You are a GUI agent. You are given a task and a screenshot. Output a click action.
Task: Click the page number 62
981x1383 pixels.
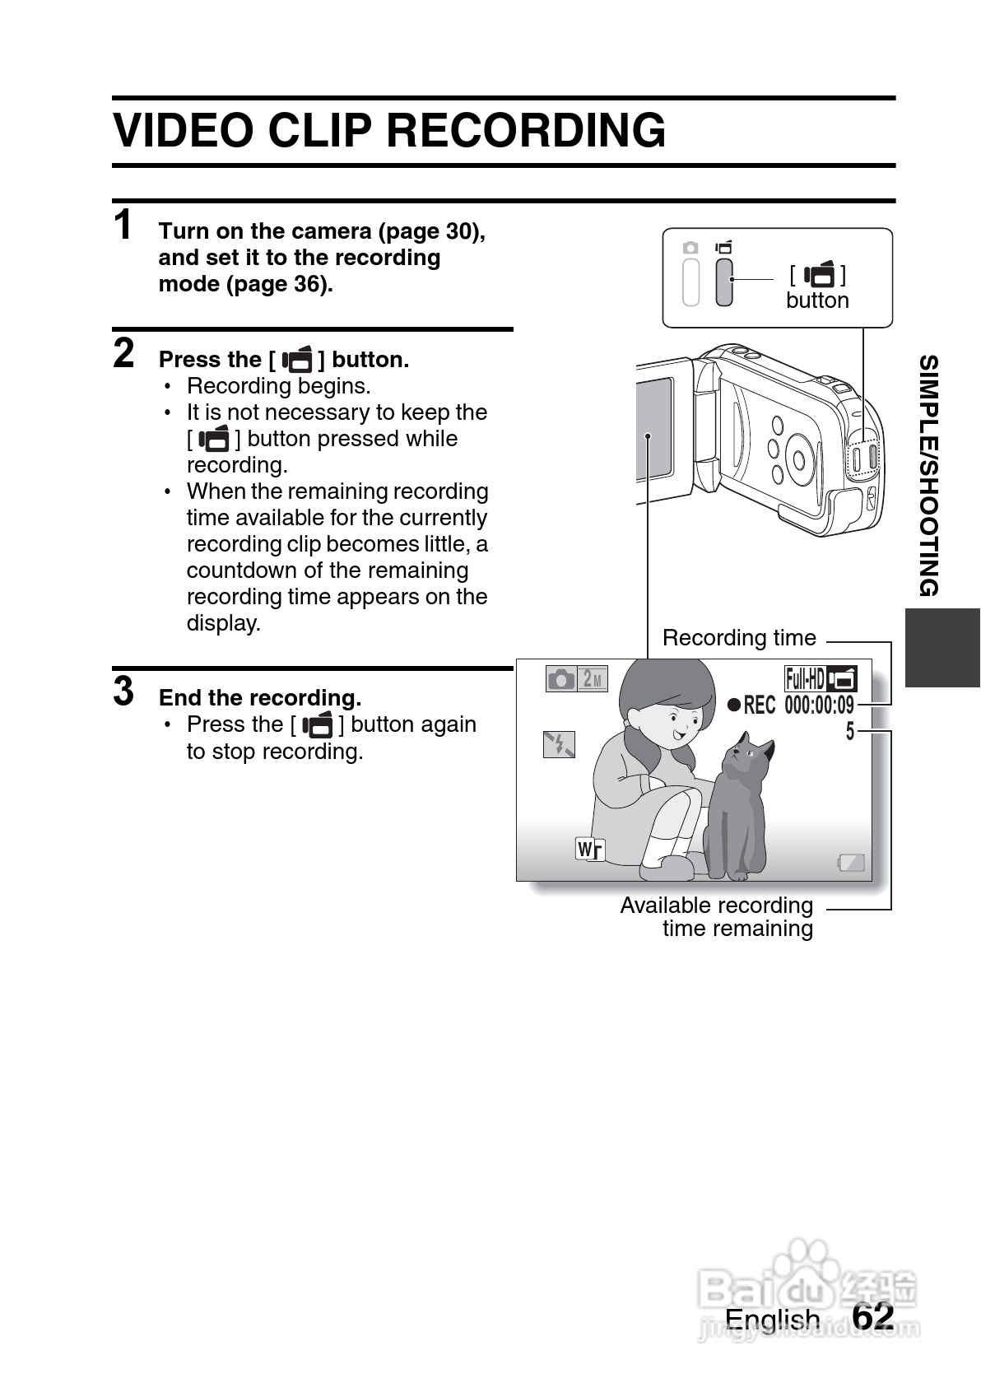pos(873,1316)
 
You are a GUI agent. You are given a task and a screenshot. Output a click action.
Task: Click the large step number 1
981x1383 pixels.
pos(123,225)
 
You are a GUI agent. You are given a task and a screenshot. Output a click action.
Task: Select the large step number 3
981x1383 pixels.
pos(123,691)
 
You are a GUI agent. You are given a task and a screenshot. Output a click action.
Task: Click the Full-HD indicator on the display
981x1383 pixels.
pos(805,679)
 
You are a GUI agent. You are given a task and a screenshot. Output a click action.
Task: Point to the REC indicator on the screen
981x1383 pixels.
pos(751,705)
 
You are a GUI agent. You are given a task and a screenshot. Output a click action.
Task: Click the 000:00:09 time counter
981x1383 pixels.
pos(819,705)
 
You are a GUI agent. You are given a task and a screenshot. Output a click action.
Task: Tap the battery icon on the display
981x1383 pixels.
pos(851,862)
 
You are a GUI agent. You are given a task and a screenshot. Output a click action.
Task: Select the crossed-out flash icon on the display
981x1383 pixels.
pos(559,744)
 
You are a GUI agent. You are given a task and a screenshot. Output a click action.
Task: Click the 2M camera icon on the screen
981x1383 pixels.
pos(576,679)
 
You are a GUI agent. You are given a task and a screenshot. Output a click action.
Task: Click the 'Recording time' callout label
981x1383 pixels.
pos(739,638)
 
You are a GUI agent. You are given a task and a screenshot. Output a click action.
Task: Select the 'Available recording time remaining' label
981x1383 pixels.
pos(717,917)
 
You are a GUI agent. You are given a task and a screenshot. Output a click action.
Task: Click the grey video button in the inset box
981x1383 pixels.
pos(723,282)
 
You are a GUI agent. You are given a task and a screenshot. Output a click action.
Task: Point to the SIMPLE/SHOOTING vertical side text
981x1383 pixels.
pos(928,475)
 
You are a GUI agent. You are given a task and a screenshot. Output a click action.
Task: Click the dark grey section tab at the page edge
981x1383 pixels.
pos(942,647)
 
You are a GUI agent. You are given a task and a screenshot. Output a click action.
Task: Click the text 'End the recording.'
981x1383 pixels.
pos(260,698)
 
